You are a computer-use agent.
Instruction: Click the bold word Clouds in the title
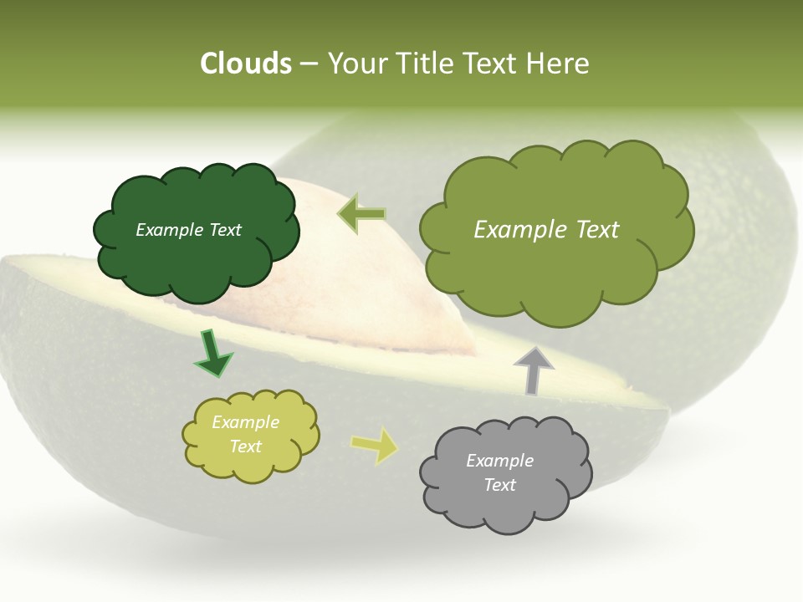coord(246,64)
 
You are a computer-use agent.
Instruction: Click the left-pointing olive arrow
coord(362,214)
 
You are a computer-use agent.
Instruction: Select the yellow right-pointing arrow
coord(375,446)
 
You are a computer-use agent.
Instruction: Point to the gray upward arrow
coord(534,370)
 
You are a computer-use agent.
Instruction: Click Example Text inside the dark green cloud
coord(188,230)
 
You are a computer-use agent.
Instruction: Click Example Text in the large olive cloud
coord(546,230)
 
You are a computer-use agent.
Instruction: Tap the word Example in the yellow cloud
coord(245,422)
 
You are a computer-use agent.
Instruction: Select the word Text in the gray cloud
coord(499,485)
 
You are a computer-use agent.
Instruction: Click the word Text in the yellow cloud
coord(245,446)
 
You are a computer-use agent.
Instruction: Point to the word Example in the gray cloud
coord(499,461)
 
